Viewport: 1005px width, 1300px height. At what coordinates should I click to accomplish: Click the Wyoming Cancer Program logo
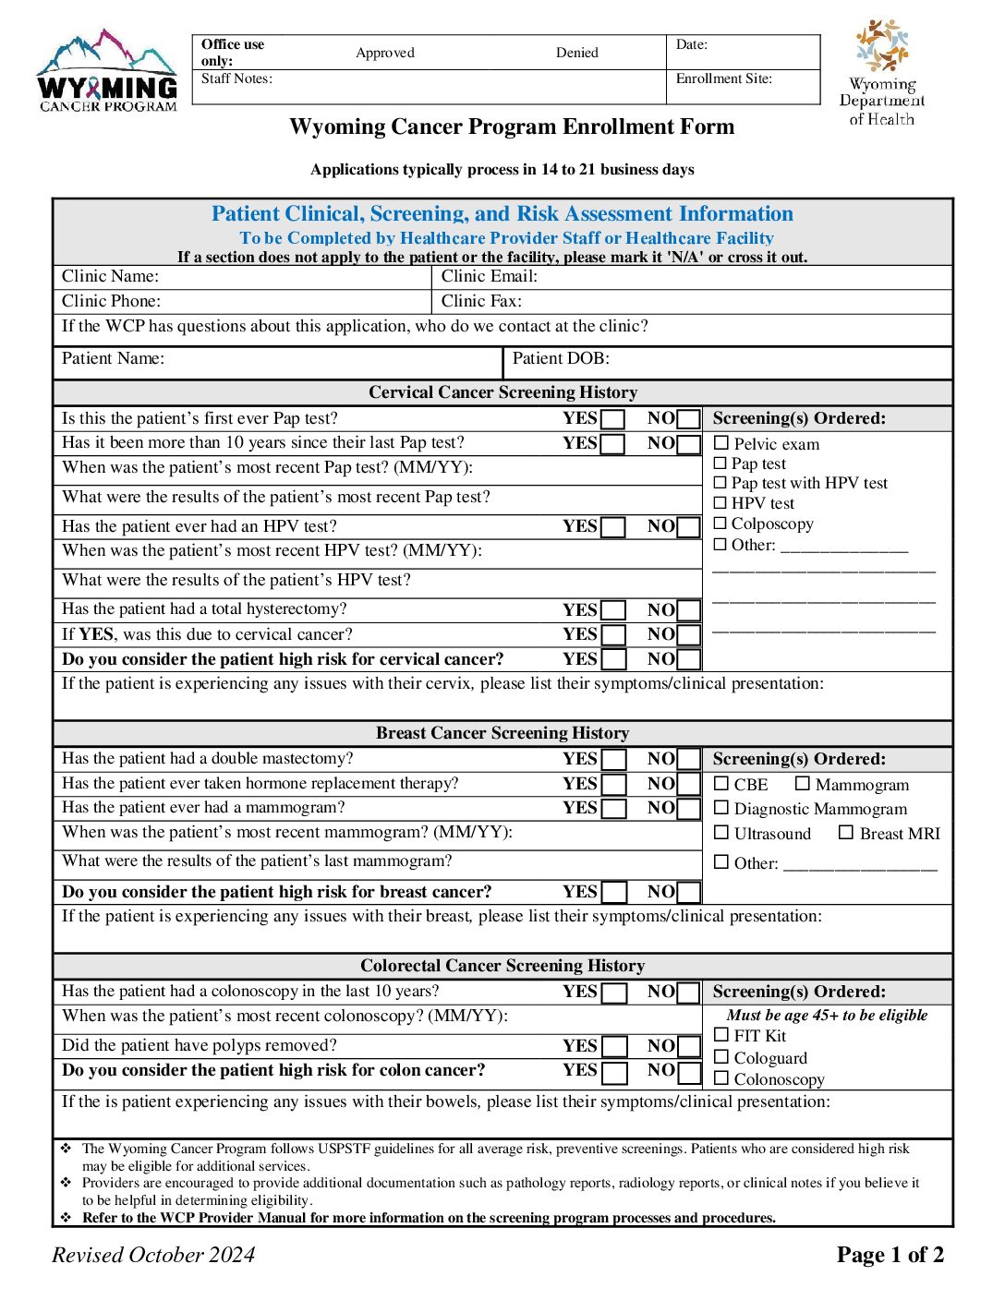tap(107, 71)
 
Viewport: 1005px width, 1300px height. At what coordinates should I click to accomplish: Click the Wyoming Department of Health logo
tap(882, 73)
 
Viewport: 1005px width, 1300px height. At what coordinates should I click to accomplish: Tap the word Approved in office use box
tap(385, 53)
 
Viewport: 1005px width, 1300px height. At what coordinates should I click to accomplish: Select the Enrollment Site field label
tap(723, 79)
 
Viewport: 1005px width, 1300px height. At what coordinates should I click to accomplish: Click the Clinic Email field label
tap(489, 277)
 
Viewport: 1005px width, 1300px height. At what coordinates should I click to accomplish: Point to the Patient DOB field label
tap(561, 359)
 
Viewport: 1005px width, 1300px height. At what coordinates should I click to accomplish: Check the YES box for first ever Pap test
tap(613, 420)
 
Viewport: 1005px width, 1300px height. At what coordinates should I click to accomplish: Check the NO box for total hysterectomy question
tap(688, 611)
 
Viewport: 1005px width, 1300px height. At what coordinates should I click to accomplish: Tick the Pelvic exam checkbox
tap(721, 444)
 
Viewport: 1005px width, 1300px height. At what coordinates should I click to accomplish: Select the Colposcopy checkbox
tap(720, 524)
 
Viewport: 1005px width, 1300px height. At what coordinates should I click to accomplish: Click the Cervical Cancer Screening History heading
tap(502, 392)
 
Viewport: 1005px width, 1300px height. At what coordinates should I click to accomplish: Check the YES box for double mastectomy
tap(614, 760)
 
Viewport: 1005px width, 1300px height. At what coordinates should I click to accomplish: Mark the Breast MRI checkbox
tap(846, 833)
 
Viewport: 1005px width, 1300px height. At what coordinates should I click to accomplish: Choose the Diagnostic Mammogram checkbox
tap(722, 808)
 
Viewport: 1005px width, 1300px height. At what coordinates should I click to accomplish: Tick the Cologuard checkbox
tap(722, 1057)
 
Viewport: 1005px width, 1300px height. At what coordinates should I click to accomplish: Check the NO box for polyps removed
tap(688, 1047)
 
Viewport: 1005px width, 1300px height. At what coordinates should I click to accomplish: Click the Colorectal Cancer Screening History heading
tap(502, 966)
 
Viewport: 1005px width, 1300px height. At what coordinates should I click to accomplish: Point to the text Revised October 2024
tap(153, 1255)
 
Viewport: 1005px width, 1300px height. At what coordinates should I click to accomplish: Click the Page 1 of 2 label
tap(890, 1255)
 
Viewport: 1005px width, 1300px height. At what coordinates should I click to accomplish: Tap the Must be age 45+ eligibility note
tap(827, 1016)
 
